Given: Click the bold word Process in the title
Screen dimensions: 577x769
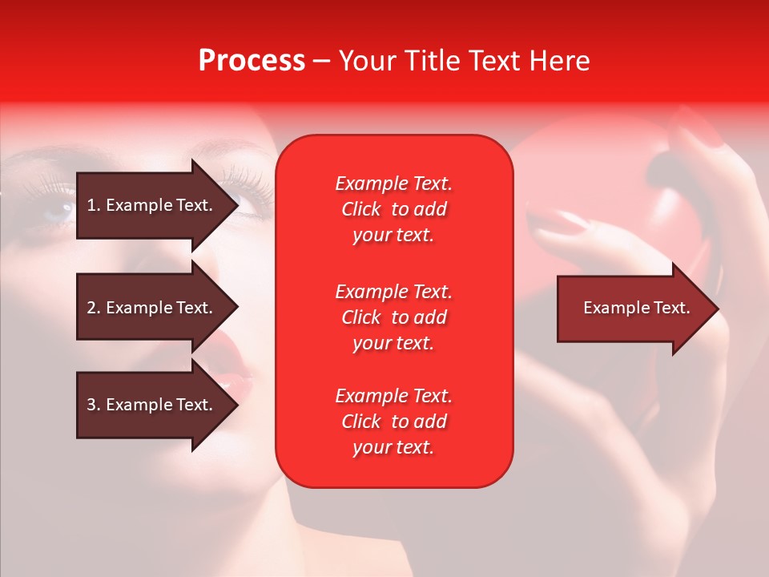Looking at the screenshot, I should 252,61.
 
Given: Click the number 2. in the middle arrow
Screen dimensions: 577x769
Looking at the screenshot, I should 93,308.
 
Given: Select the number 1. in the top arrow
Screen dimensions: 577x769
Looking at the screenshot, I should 93,205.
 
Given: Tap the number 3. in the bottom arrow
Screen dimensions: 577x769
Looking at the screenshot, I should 93,405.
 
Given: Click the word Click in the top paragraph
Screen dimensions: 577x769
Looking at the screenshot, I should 361,209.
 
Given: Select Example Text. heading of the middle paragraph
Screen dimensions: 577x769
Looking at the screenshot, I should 393,291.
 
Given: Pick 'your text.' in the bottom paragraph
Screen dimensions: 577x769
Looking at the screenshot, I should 393,447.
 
